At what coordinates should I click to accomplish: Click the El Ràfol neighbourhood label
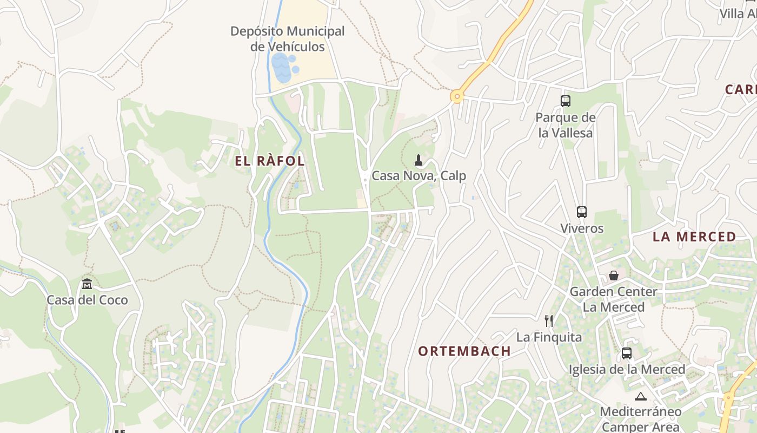(270, 161)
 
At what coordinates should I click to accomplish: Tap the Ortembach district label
(464, 351)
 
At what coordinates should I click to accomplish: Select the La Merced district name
(694, 237)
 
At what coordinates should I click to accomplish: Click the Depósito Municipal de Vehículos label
(287, 39)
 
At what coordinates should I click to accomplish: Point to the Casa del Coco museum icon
(87, 284)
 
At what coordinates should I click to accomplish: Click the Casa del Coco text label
(87, 300)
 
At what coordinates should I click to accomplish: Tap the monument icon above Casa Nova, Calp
(418, 160)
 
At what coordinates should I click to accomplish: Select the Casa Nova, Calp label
(419, 176)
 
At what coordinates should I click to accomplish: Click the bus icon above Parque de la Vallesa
(566, 101)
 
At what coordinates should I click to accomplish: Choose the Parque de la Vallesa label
(566, 125)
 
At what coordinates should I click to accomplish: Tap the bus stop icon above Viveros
(582, 212)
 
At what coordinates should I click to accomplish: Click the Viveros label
(582, 228)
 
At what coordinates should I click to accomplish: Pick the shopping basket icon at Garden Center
(613, 275)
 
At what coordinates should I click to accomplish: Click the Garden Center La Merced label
(613, 299)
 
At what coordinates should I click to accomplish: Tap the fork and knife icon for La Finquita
(549, 321)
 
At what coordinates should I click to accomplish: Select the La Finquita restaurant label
(549, 337)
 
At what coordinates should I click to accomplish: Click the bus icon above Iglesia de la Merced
(627, 353)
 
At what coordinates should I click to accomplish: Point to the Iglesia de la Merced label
(627, 370)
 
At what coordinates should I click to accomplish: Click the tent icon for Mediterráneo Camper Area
(641, 396)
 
